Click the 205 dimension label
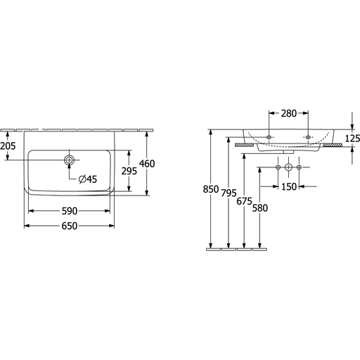tap(8, 146)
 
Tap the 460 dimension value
tap(147, 164)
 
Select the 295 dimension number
tap(129, 171)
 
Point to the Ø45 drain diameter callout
tap(88, 179)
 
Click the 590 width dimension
tap(70, 211)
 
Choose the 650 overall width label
tap(70, 226)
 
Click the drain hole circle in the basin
tap(69, 160)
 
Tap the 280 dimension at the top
tap(289, 113)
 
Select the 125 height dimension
tap(352, 139)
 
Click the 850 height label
tap(211, 189)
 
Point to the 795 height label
tap(229, 193)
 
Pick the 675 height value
tap(244, 201)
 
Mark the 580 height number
tap(260, 208)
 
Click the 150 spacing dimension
tap(289, 187)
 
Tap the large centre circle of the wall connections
tap(288, 167)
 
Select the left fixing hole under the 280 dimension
tap(269, 137)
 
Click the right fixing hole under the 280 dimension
tap(308, 137)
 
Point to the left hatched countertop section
tap(245, 145)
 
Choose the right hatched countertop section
tap(333, 145)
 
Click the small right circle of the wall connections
tap(299, 167)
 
